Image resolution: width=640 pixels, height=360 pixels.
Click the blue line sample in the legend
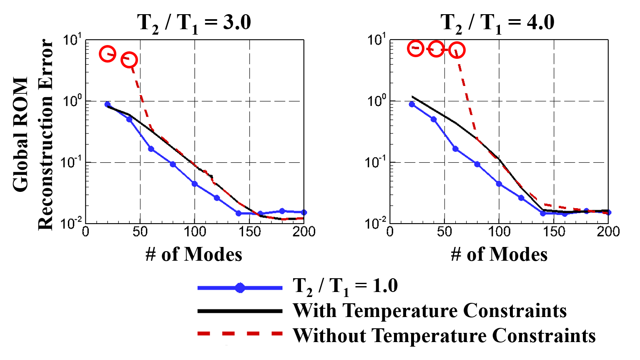240,288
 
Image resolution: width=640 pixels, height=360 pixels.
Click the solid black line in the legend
240,311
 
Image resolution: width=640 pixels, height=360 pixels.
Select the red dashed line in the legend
240,333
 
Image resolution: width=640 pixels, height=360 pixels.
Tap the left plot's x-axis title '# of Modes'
194,254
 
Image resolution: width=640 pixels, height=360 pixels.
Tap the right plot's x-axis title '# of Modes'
499,254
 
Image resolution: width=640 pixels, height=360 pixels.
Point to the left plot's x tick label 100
194,232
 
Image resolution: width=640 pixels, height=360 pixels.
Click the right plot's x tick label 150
554,232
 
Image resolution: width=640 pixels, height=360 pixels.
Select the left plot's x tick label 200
304,232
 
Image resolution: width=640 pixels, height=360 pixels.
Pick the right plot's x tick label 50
444,232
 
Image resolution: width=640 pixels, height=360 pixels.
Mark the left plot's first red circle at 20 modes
108,54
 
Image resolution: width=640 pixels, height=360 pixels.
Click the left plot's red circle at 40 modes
129,60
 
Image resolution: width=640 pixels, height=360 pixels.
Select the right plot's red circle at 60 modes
457,50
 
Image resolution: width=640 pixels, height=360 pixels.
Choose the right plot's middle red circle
436,50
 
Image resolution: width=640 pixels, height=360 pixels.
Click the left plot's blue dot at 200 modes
304,212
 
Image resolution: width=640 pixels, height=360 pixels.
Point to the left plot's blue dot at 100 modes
195,184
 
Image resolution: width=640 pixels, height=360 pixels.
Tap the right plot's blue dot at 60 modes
455,149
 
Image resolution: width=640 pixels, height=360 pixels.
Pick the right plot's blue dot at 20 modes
412,104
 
